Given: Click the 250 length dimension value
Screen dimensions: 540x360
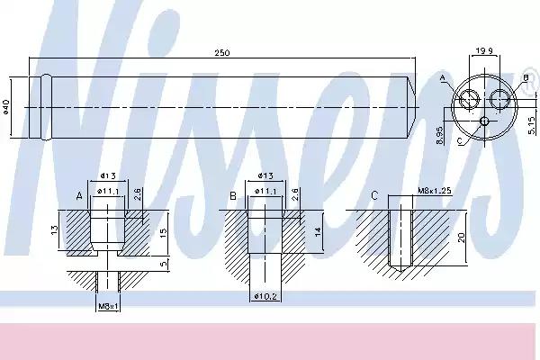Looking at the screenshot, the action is [222, 53].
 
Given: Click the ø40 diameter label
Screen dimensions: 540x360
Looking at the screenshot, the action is [6, 106].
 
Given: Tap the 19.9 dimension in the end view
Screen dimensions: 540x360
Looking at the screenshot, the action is [484, 51].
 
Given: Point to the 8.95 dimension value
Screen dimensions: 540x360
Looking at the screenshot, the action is [439, 135].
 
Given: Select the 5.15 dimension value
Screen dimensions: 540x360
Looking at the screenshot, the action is [532, 125].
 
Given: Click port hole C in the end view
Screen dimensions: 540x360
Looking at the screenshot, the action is [484, 121].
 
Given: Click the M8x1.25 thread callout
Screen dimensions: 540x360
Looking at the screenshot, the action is [435, 191].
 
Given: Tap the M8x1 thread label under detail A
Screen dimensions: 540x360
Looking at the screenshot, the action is [108, 306].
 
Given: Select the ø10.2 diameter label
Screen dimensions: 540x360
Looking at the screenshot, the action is [265, 296].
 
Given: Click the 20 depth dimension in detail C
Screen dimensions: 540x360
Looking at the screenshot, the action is [462, 237].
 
